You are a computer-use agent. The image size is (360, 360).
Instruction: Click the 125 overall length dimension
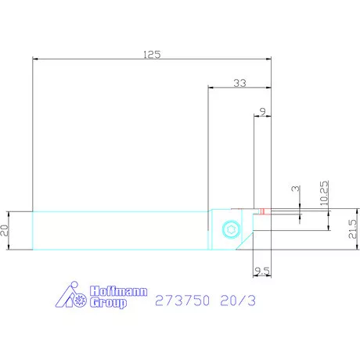click(152, 54)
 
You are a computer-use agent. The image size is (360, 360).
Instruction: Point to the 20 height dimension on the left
click(5, 230)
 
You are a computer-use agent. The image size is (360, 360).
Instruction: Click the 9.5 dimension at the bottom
click(262, 272)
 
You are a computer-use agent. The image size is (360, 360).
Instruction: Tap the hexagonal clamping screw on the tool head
click(228, 229)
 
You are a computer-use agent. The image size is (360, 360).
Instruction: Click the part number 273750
click(183, 301)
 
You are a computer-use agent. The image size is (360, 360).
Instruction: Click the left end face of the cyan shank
click(33, 230)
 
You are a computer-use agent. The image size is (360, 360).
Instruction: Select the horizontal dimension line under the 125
click(152, 60)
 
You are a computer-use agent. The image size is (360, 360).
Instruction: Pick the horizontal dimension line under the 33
click(240, 89)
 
